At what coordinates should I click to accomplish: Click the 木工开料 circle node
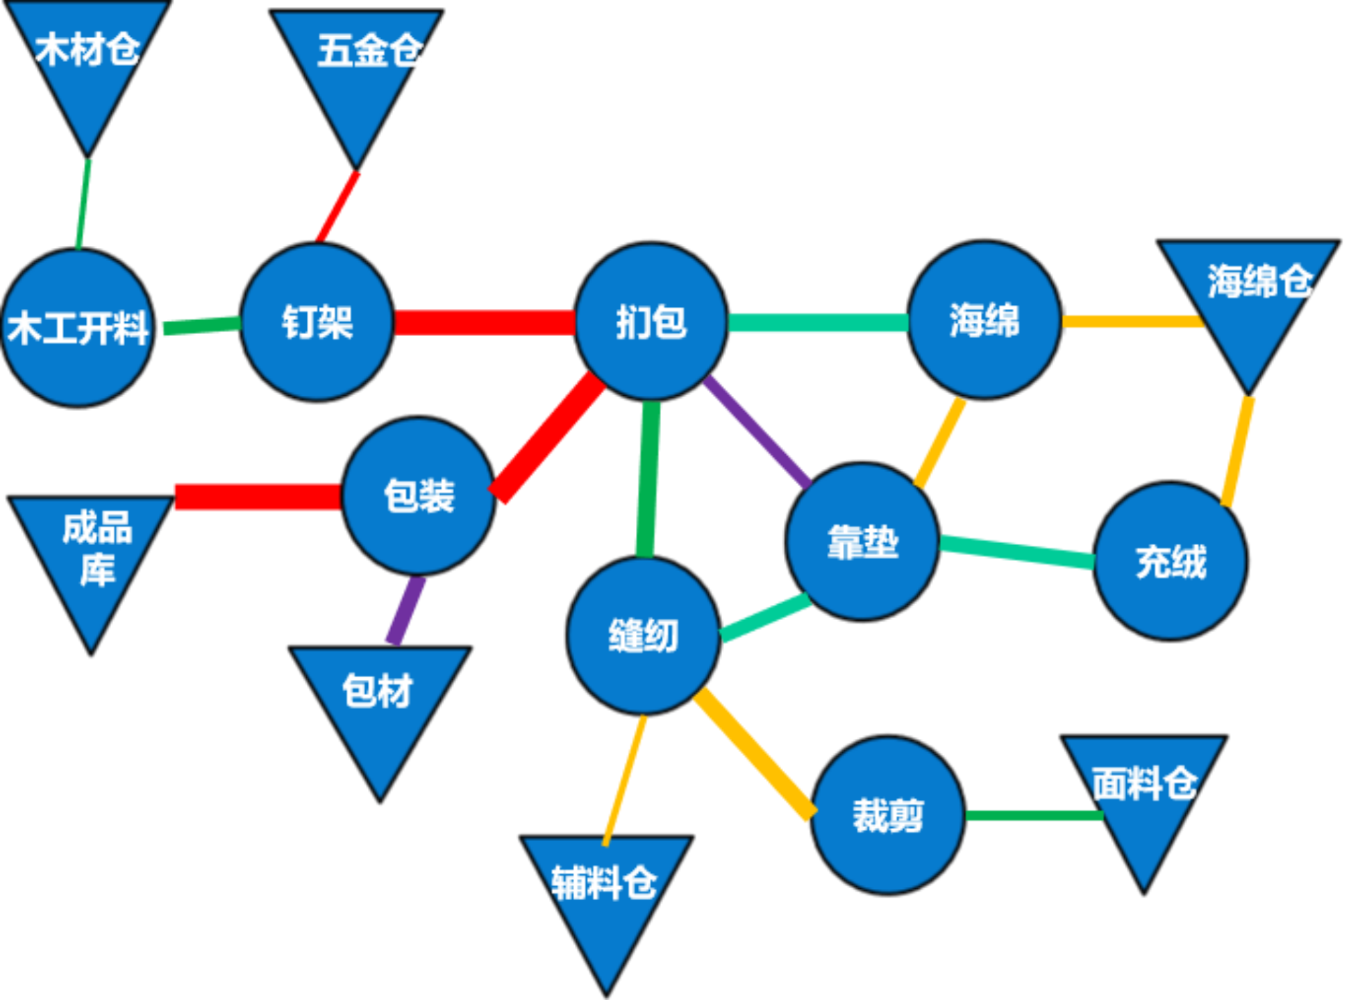[x=78, y=328]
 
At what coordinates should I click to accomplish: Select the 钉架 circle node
[x=317, y=322]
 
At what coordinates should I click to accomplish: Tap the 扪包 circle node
[x=651, y=322]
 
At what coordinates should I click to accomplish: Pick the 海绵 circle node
[x=984, y=320]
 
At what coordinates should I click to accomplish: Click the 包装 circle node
[x=419, y=496]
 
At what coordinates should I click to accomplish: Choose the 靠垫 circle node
[x=862, y=542]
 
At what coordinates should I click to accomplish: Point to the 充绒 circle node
[x=1171, y=561]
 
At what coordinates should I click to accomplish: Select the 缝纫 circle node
[x=643, y=635]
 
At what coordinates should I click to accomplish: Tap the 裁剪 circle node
[x=888, y=815]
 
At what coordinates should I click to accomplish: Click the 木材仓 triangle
[x=87, y=62]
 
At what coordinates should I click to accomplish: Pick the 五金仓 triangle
[x=357, y=69]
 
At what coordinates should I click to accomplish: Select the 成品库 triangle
[x=92, y=556]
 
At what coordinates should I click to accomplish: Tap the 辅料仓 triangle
[x=606, y=896]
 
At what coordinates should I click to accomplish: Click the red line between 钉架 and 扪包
[x=485, y=322]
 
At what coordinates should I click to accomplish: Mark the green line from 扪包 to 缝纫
[x=648, y=479]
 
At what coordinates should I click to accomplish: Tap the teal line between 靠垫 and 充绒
[x=1017, y=552]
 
